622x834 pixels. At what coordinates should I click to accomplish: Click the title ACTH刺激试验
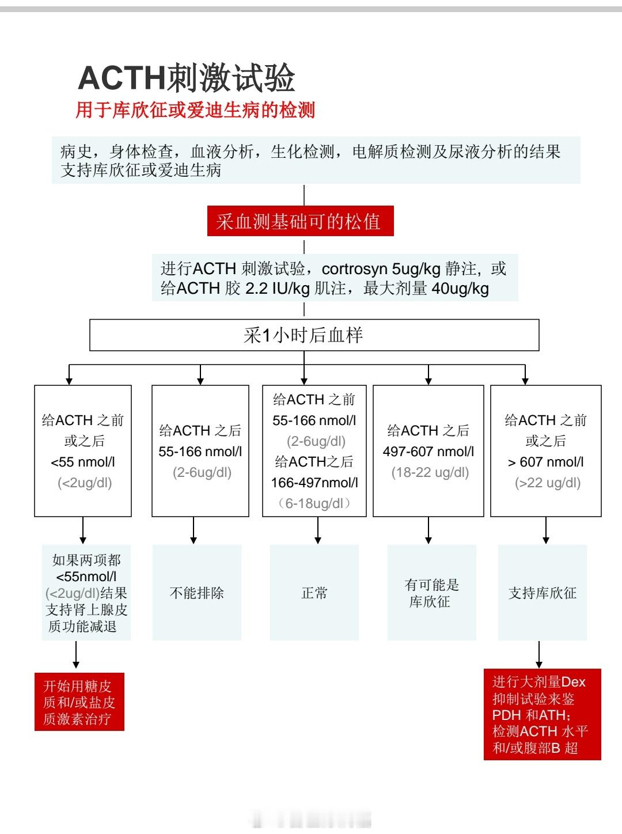187,78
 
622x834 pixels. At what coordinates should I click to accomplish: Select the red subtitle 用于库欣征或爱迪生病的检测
195,110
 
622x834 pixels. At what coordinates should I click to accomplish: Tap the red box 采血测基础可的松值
300,221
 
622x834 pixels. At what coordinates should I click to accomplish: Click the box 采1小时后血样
314,335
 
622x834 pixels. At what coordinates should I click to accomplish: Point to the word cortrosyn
354,269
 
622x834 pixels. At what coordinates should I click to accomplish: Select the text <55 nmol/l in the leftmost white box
83,462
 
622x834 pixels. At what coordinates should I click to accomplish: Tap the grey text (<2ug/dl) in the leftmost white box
85,483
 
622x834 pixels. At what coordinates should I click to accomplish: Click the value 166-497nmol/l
314,483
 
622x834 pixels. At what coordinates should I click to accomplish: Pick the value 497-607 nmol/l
428,452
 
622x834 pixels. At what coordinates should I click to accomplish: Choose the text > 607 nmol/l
546,462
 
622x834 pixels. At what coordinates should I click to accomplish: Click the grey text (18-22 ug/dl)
430,472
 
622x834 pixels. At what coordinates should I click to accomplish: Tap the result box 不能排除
197,593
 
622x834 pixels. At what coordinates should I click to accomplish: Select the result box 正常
314,593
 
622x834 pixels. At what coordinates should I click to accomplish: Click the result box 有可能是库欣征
432,593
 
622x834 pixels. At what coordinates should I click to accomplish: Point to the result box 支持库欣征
543,593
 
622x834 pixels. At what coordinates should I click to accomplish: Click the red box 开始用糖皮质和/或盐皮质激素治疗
79,702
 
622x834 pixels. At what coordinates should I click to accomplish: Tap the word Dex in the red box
573,683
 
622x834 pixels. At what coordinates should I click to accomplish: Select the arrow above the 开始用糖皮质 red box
76,655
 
